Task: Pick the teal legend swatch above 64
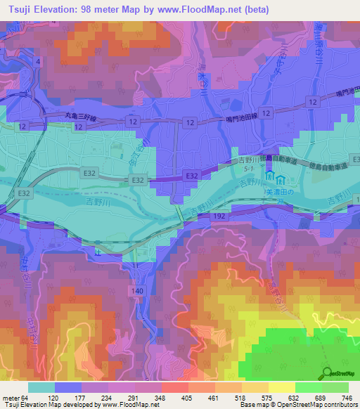(x=41, y=387)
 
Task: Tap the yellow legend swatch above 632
(x=282, y=387)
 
